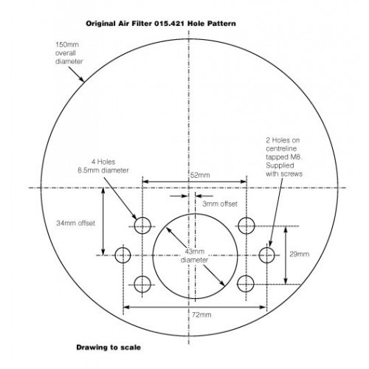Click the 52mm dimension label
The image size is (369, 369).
coord(200,175)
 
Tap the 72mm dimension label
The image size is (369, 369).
coord(201,315)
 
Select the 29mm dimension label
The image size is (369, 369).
coord(300,254)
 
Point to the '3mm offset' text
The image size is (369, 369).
coord(220,204)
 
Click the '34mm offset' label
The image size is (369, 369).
coord(75,223)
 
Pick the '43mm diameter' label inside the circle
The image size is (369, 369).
coord(195,255)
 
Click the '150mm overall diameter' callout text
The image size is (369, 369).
coord(69,53)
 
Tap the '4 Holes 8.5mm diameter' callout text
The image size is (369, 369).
coord(103,166)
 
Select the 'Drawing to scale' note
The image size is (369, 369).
coord(108,348)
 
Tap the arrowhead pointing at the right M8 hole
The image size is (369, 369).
coord(270,243)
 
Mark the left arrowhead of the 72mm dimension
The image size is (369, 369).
coord(126,307)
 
